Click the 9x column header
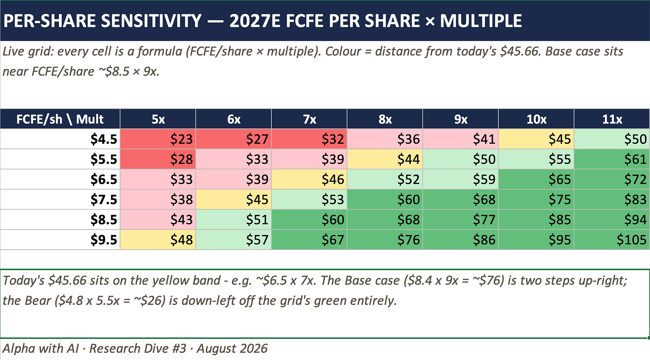tap(461, 119)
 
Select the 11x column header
tap(612, 119)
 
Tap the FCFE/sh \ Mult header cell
tap(60, 119)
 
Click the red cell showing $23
tap(158, 139)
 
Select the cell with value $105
tap(612, 239)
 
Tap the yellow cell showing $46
tap(309, 179)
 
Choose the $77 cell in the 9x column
tap(461, 219)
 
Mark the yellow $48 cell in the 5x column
tap(158, 239)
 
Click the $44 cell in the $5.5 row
tap(385, 159)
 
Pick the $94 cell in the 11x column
tap(612, 219)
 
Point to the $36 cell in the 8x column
tap(385, 139)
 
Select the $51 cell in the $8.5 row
tap(233, 219)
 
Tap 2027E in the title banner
tap(254, 21)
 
